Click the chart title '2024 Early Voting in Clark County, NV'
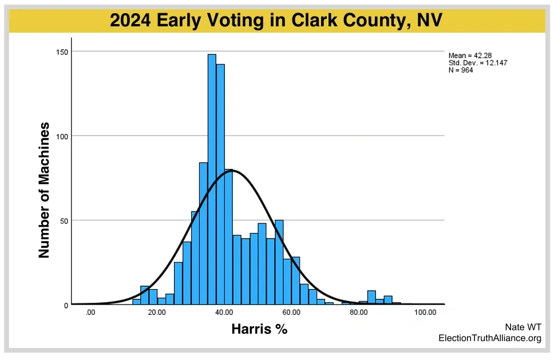[276, 20]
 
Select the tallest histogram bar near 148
[212, 179]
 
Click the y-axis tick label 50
[64, 221]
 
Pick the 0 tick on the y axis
[66, 306]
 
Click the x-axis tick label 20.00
[157, 312]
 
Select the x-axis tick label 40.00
[224, 312]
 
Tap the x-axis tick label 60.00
[291, 312]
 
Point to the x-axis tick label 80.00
[359, 312]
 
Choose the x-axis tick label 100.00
[425, 312]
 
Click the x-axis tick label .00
[90, 312]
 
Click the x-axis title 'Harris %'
[259, 329]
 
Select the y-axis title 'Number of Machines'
[44, 190]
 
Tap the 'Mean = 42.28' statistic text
[470, 56]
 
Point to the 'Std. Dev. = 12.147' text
[478, 63]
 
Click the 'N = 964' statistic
[461, 70]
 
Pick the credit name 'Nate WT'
[523, 327]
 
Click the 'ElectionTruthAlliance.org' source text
[490, 338]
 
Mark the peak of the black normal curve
[232, 171]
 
